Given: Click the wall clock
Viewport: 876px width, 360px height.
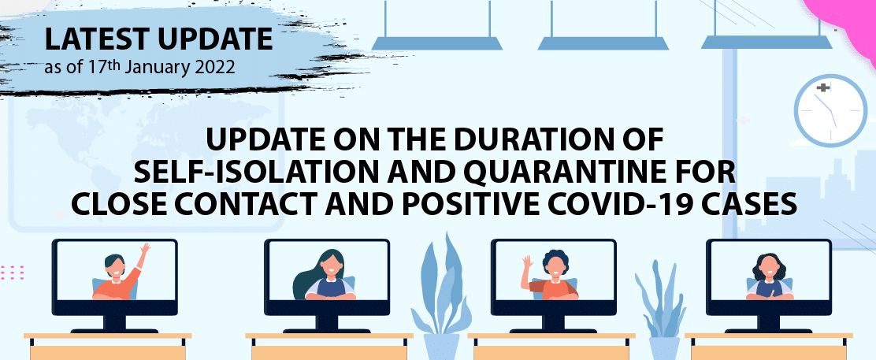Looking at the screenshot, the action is (x=832, y=110).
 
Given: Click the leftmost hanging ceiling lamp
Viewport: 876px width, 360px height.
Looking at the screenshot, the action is (x=436, y=42).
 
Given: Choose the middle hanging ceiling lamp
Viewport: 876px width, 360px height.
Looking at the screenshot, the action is (x=603, y=42).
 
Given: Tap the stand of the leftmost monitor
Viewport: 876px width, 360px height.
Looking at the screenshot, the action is (x=113, y=324).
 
